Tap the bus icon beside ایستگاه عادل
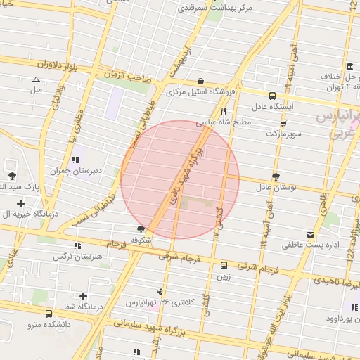point(272,96)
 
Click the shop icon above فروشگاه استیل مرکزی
point(202,81)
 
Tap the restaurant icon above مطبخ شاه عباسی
point(223,111)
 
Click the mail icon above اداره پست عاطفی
point(311,235)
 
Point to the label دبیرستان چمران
point(76,170)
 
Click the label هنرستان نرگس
point(78,257)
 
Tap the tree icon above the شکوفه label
point(141,229)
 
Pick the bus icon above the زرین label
point(224,265)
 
